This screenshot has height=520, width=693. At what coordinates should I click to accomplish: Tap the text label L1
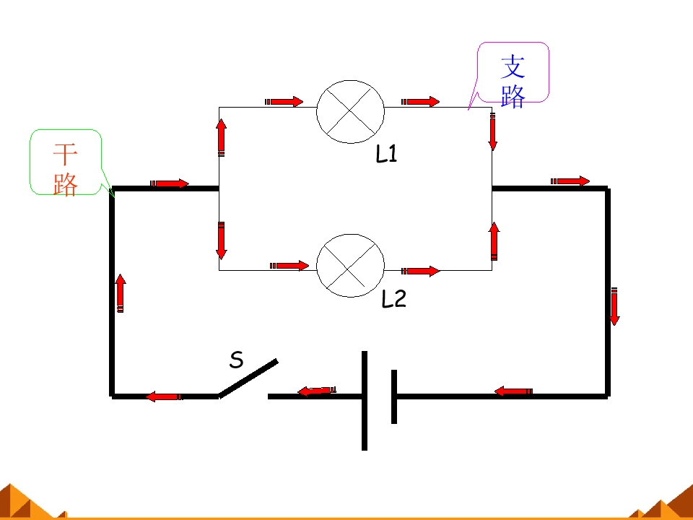coord(386,154)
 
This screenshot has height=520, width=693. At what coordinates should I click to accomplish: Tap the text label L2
coord(393,298)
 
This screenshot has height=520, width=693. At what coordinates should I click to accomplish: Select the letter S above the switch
coord(237,360)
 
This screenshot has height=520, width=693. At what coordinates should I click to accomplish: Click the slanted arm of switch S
coord(248,378)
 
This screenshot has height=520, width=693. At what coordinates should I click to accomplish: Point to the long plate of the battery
coord(364,401)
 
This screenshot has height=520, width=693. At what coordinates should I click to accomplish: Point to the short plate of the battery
coord(394,396)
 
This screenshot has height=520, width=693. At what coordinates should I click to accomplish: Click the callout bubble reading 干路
coord(66,162)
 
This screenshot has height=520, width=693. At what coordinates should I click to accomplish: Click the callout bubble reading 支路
coord(513,72)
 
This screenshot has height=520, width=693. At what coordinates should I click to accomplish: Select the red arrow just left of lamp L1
coord(284,102)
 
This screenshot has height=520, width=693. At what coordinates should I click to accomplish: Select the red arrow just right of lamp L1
coord(420,102)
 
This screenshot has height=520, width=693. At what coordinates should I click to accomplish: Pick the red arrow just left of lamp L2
coord(289,265)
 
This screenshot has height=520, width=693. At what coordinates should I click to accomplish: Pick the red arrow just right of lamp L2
coord(421,271)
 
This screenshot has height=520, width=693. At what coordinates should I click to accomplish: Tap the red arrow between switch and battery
coord(317,391)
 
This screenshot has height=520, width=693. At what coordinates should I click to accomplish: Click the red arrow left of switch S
coord(164,396)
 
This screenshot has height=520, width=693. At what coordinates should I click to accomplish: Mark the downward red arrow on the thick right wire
coord(614,306)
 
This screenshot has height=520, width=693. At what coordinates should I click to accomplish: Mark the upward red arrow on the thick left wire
coord(121,293)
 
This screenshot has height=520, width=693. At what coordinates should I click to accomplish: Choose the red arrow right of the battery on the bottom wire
coord(513,391)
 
